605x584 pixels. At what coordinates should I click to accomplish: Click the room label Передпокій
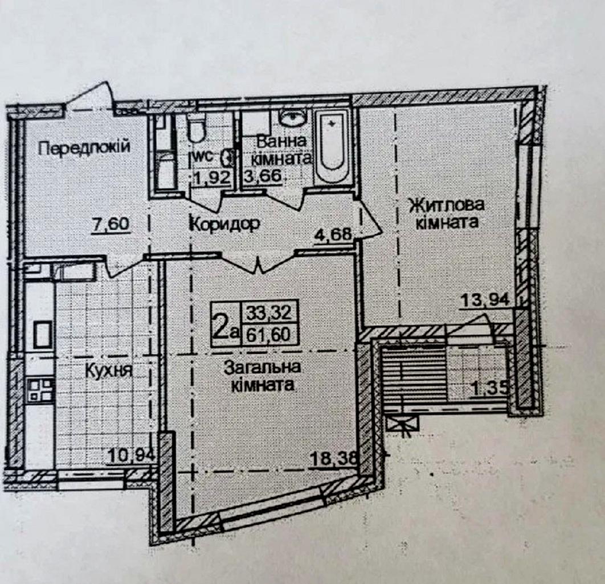[x=84, y=147]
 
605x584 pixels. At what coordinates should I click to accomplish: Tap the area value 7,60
[x=111, y=224]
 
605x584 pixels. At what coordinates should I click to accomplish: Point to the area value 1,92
[x=212, y=178]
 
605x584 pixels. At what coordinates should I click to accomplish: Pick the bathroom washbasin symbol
[x=293, y=117]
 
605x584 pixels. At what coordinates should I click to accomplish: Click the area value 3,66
[x=265, y=177]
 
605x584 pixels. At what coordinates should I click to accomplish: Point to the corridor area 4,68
[x=333, y=235]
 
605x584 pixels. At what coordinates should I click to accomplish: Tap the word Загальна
[x=263, y=367]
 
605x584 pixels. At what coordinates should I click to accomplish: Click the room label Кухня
[x=109, y=371]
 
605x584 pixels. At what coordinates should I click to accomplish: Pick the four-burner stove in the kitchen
[x=40, y=389]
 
